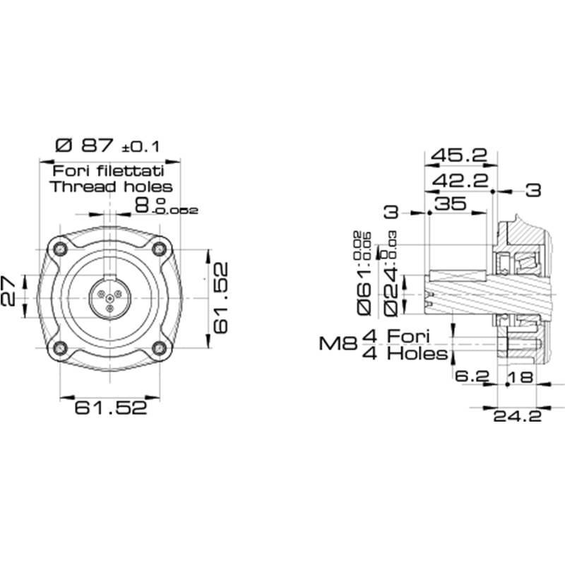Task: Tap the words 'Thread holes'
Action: click(x=111, y=187)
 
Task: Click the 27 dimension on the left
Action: click(x=8, y=291)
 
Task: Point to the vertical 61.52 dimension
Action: click(x=221, y=297)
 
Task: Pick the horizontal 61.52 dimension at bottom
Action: click(x=111, y=408)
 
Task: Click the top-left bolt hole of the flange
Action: click(x=60, y=248)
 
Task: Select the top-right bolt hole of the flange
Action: click(x=160, y=248)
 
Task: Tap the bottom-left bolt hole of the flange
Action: click(x=60, y=347)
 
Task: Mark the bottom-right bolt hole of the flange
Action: click(x=160, y=347)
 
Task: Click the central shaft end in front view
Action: click(x=109, y=297)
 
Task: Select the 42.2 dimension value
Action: click(x=460, y=181)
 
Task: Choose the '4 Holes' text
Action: click(x=404, y=353)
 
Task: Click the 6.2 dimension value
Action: click(x=472, y=377)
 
